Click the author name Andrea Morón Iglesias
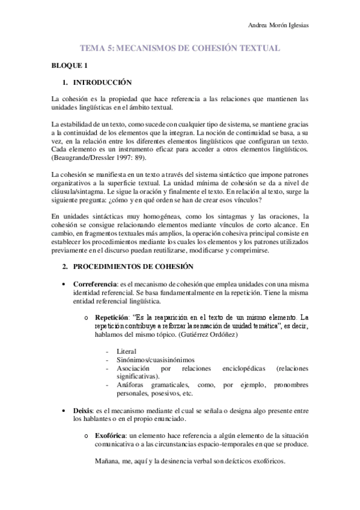[282, 25]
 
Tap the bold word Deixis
[84, 410]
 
